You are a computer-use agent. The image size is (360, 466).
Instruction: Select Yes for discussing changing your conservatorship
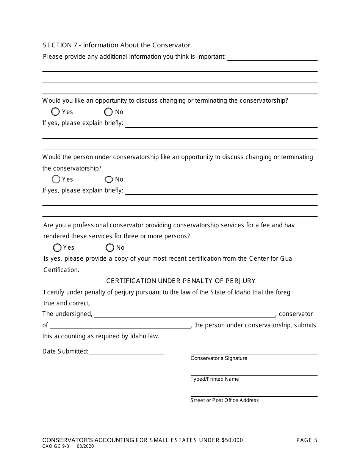click(56, 112)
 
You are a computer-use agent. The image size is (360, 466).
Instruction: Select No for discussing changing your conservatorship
click(108, 112)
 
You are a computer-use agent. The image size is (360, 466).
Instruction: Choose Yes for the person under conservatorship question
click(56, 179)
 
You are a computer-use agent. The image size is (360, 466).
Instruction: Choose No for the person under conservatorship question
click(109, 179)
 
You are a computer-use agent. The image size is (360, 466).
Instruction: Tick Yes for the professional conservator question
click(57, 247)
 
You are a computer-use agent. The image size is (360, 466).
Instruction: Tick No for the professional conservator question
click(110, 247)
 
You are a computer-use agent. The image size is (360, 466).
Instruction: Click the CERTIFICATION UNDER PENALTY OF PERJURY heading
click(181, 281)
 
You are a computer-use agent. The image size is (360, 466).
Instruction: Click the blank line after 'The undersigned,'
click(185, 314)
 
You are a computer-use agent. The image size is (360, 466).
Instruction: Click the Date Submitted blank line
click(126, 352)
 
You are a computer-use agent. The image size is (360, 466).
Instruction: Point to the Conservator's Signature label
click(219, 358)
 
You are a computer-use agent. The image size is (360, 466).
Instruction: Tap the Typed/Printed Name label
click(214, 379)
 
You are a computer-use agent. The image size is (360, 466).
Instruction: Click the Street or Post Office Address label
click(224, 400)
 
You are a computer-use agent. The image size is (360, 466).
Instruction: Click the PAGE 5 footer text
click(307, 440)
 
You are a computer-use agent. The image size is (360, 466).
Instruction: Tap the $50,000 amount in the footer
click(232, 440)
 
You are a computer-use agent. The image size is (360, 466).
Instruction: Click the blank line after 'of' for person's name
click(120, 325)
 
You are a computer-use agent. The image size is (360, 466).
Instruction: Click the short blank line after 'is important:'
click(272, 58)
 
